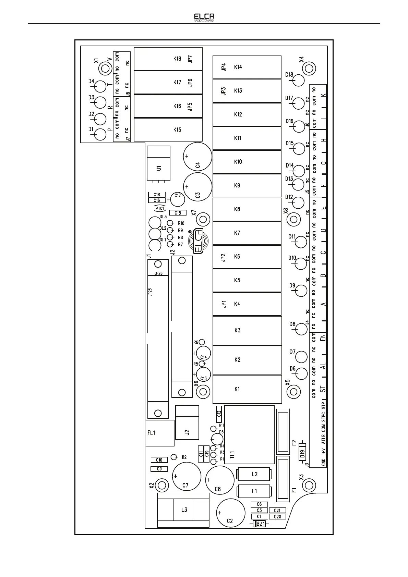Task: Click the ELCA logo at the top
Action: pos(204,17)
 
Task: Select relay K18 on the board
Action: pos(168,59)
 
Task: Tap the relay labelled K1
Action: pos(247,389)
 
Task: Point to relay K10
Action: pos(247,162)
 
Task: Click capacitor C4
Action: pos(198,157)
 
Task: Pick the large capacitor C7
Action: pos(186,476)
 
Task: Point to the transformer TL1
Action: pos(249,435)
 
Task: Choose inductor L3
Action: pos(183,510)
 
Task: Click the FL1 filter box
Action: pos(160,433)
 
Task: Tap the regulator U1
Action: pos(158,163)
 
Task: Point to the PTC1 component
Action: pos(160,208)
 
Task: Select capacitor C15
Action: pos(178,213)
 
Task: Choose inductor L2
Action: pos(254,474)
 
